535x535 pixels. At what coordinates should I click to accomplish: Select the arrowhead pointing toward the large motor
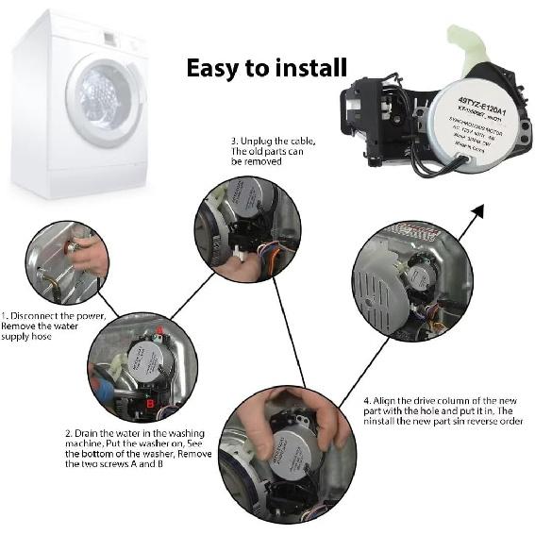click(477, 209)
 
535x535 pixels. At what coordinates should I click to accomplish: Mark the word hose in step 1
click(51, 337)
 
